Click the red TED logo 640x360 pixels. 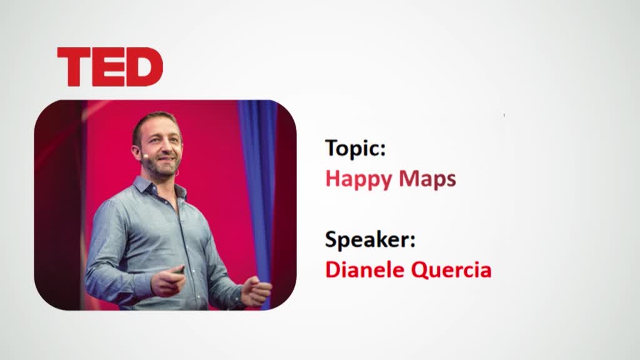(110, 67)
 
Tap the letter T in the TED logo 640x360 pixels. (74, 67)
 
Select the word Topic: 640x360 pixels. (355, 148)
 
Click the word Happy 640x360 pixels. (358, 179)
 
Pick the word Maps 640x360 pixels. (427, 179)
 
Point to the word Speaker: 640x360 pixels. (370, 239)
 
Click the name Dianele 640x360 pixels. (364, 270)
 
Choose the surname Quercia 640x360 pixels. (451, 270)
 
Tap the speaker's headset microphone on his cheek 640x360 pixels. (144, 156)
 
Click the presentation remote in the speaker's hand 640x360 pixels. (179, 270)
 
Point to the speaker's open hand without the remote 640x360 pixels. (256, 291)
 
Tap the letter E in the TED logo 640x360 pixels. (108, 67)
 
